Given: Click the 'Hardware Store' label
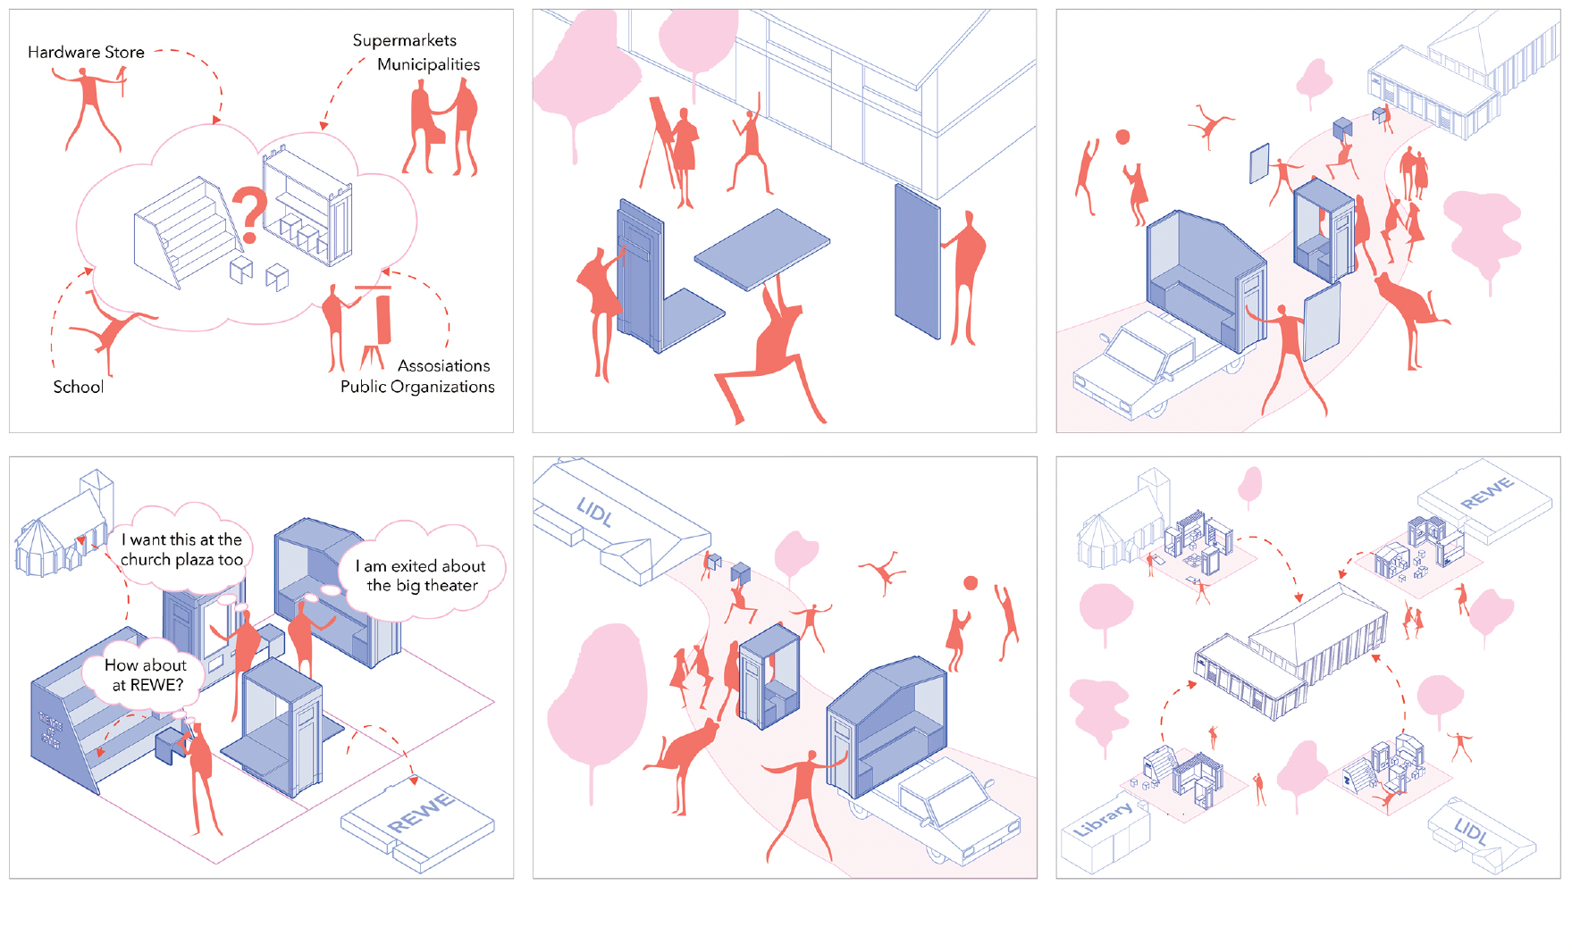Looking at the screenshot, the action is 86,52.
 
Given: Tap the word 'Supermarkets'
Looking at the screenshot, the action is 404,41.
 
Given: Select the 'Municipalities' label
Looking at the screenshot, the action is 428,64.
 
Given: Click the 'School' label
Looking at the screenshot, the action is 78,387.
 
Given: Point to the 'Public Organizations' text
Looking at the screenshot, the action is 417,387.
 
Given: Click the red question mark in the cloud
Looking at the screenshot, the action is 251,215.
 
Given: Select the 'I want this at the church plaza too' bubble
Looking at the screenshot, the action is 181,550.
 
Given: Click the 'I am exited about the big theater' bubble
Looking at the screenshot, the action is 421,576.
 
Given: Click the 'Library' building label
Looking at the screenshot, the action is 1103,819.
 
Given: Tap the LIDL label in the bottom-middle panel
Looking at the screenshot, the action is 594,512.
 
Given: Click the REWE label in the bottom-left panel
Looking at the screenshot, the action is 421,813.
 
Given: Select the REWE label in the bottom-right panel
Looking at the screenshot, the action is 1487,493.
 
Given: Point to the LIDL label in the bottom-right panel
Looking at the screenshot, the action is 1470,831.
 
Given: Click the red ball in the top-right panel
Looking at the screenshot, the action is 1122,137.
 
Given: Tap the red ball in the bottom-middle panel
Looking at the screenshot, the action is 971,583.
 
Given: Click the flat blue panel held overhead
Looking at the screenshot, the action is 762,249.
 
